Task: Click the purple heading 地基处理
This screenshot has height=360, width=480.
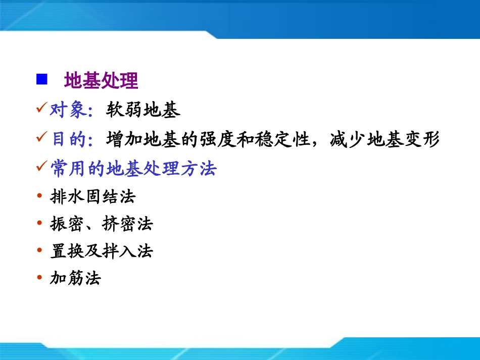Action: [x=101, y=80]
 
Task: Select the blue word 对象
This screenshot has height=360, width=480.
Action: [x=69, y=110]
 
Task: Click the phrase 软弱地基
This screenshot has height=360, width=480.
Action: [x=143, y=110]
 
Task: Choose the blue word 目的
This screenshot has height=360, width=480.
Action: [x=69, y=139]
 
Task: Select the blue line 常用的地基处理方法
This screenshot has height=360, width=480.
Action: [x=133, y=168]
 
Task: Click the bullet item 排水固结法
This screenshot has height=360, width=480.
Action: [x=93, y=196]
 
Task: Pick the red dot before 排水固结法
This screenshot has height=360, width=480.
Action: [x=40, y=196]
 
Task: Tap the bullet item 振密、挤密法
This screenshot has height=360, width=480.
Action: [x=102, y=224]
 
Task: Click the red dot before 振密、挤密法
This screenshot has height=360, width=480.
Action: [x=40, y=224]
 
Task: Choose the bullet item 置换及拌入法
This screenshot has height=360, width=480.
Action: [x=102, y=251]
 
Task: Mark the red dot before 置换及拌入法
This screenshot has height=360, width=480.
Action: [x=40, y=251]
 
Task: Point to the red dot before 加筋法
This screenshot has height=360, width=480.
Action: [x=40, y=278]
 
